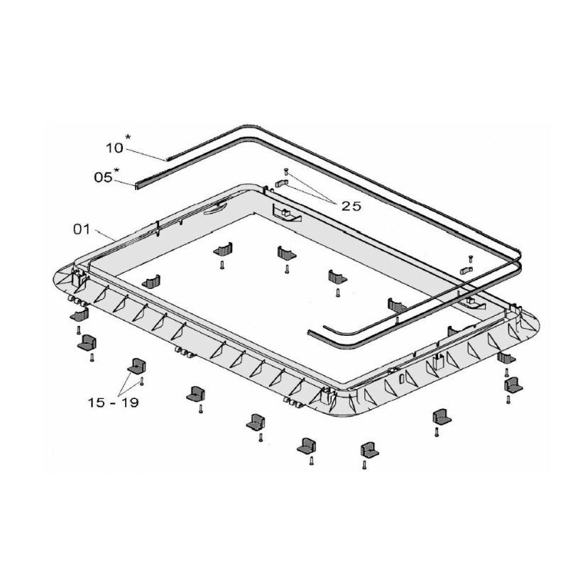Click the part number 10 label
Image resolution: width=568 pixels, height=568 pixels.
pyautogui.click(x=114, y=148)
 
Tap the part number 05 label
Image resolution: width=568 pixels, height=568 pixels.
pyautogui.click(x=104, y=177)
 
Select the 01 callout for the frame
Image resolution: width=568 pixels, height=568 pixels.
pyautogui.click(x=82, y=229)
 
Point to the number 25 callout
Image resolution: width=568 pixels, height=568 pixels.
pyautogui.click(x=351, y=206)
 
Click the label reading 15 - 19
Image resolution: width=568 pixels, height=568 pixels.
pyautogui.click(x=114, y=403)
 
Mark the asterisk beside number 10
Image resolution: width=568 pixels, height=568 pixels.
pyautogui.click(x=128, y=138)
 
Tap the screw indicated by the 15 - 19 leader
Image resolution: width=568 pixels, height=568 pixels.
pyautogui.click(x=143, y=381)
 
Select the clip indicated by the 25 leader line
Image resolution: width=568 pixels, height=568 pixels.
pyautogui.click(x=279, y=184)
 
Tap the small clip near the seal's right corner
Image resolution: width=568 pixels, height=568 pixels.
pyautogui.click(x=465, y=269)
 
